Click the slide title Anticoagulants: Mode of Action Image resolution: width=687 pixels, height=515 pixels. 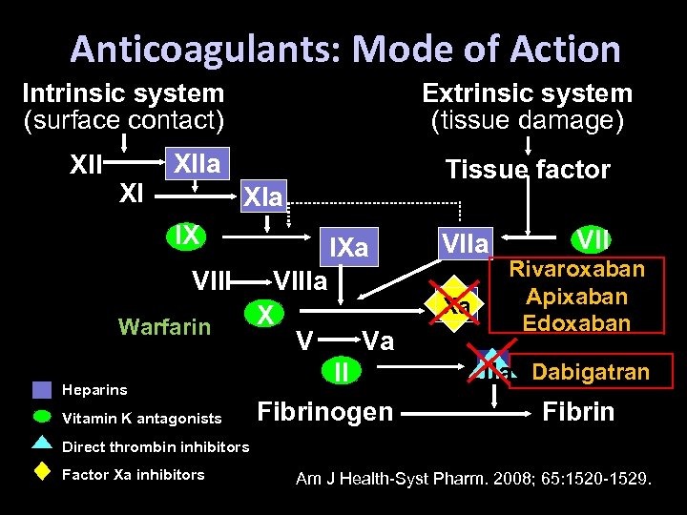point(344,49)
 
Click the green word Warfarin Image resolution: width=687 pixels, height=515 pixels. point(164,327)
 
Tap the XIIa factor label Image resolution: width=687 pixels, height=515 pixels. point(197,164)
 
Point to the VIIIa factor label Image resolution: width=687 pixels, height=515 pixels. point(301,281)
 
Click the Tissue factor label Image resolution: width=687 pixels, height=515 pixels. point(528,170)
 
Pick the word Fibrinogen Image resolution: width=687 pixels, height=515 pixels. point(325,412)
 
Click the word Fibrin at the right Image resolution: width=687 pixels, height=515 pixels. point(578,412)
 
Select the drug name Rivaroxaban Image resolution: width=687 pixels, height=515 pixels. point(576,269)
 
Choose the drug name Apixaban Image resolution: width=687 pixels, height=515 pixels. point(576,296)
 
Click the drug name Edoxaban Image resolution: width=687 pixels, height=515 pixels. point(576,322)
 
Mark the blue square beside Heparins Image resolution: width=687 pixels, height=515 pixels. point(42,389)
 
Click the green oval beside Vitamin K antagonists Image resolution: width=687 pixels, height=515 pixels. point(42,416)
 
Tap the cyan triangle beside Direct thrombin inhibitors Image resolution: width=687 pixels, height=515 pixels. point(42,442)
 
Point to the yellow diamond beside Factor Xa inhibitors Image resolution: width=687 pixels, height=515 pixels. point(42,471)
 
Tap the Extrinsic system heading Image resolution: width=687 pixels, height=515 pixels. point(527,93)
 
